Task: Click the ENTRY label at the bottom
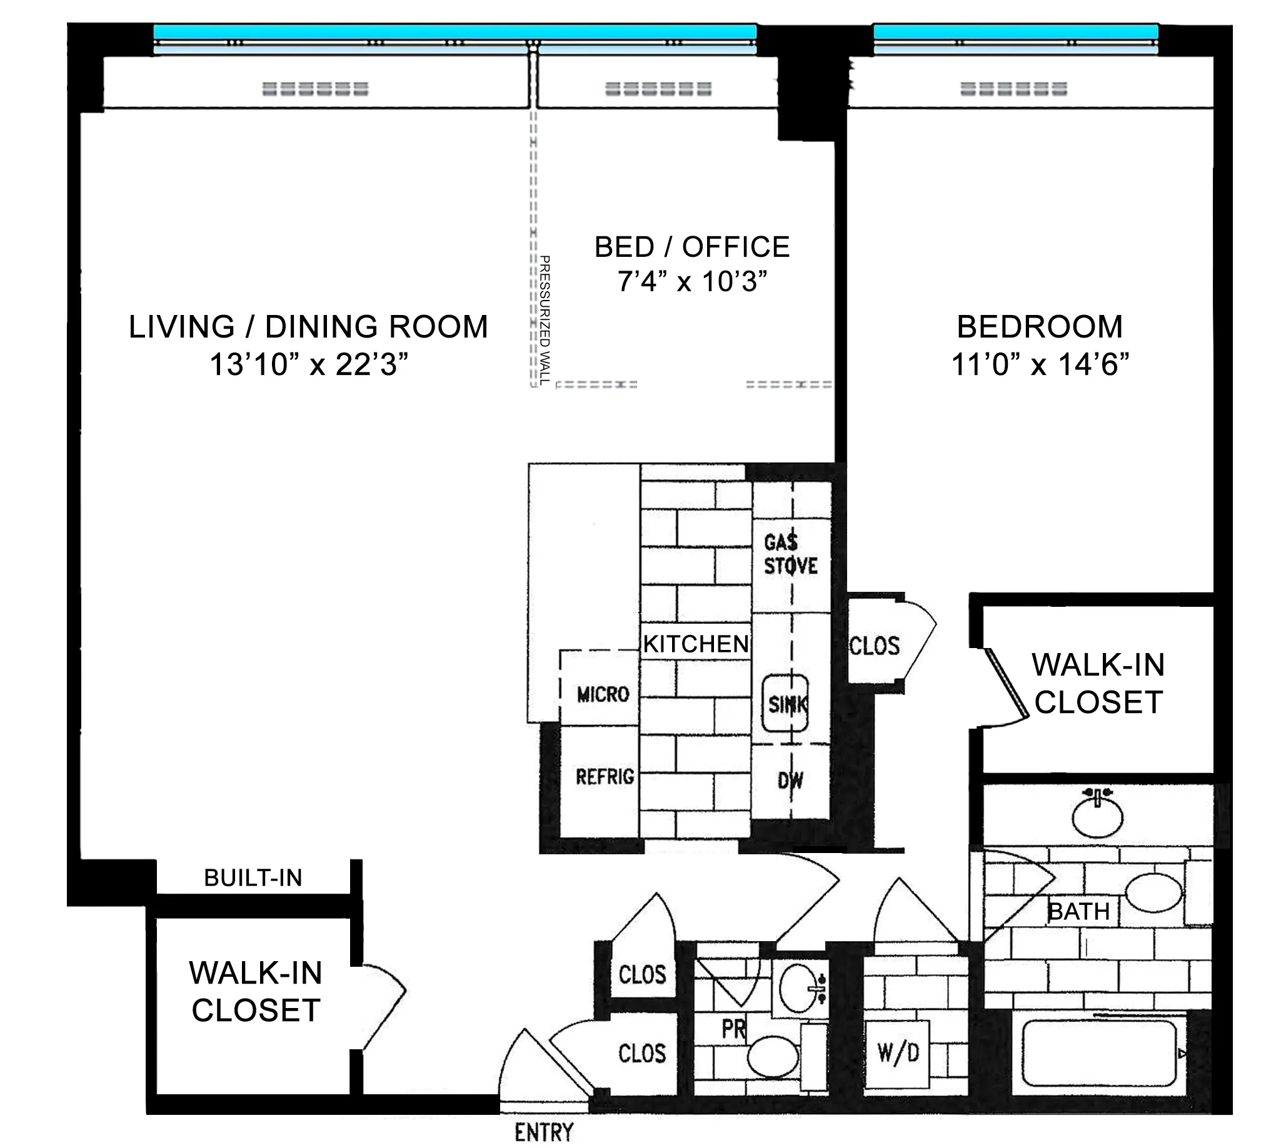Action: click(x=544, y=1132)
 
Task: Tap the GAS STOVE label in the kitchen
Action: click(x=790, y=554)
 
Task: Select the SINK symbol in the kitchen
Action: click(x=786, y=704)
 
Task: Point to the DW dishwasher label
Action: click(x=790, y=781)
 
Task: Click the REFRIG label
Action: click(x=605, y=776)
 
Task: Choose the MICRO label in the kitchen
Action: click(x=603, y=694)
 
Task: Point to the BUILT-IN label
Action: click(x=253, y=877)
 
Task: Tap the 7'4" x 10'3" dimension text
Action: click(x=692, y=281)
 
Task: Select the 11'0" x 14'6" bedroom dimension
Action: click(x=1040, y=364)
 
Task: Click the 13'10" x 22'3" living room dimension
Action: click(x=309, y=364)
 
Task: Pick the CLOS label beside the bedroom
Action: click(x=874, y=646)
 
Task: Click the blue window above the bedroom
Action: click(x=1015, y=31)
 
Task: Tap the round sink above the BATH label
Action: click(x=1097, y=817)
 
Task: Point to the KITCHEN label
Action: click(x=695, y=644)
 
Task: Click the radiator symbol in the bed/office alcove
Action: click(x=658, y=89)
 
